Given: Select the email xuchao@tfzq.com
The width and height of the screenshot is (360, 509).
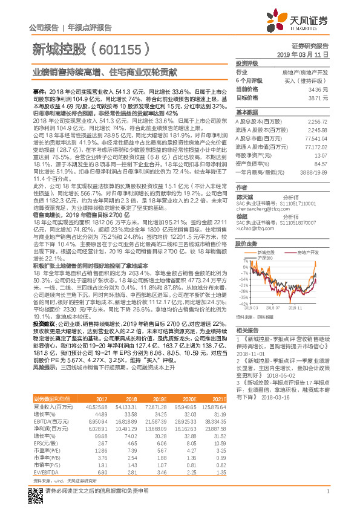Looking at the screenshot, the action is [254, 228].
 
